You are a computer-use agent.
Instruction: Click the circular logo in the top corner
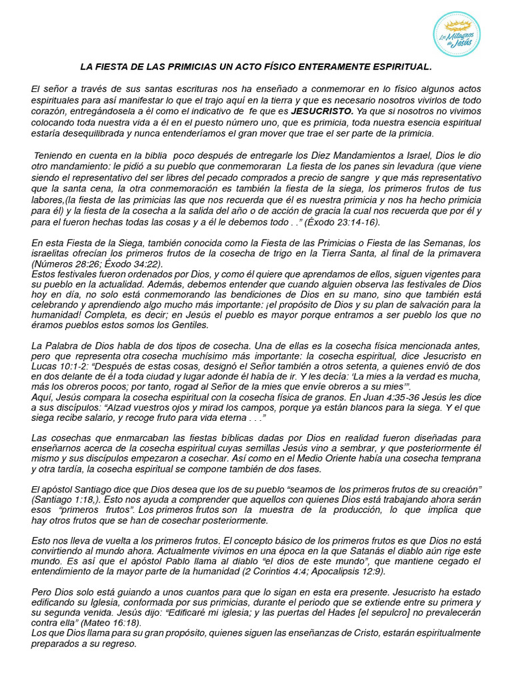tap(457, 35)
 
